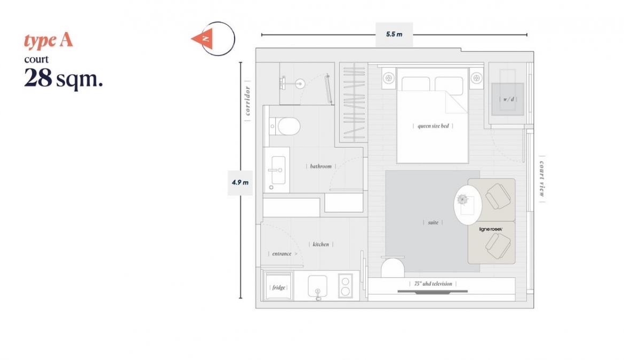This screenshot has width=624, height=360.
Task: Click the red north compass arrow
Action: [203, 39]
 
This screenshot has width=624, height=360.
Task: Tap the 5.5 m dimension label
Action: [394, 34]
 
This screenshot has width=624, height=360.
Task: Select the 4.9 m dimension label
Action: [240, 182]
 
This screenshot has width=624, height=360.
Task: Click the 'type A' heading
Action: [49, 41]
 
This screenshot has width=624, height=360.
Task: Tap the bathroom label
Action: [321, 166]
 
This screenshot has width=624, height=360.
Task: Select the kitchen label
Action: [321, 244]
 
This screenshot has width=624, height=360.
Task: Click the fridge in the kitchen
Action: [278, 286]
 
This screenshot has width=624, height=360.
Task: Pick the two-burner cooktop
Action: [345, 286]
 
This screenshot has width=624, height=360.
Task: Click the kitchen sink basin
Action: [317, 285]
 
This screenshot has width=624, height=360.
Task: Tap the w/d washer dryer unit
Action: [508, 99]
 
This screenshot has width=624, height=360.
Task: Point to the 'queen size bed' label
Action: [433, 126]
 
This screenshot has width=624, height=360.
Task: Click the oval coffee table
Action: [468, 205]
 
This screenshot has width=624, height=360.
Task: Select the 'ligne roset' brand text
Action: [491, 229]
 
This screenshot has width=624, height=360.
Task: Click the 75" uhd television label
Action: [433, 284]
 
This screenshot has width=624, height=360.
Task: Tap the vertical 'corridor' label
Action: [247, 101]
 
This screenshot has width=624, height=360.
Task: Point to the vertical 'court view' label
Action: [542, 179]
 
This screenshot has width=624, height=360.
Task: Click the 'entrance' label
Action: [282, 254]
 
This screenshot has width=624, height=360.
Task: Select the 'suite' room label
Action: [433, 222]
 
